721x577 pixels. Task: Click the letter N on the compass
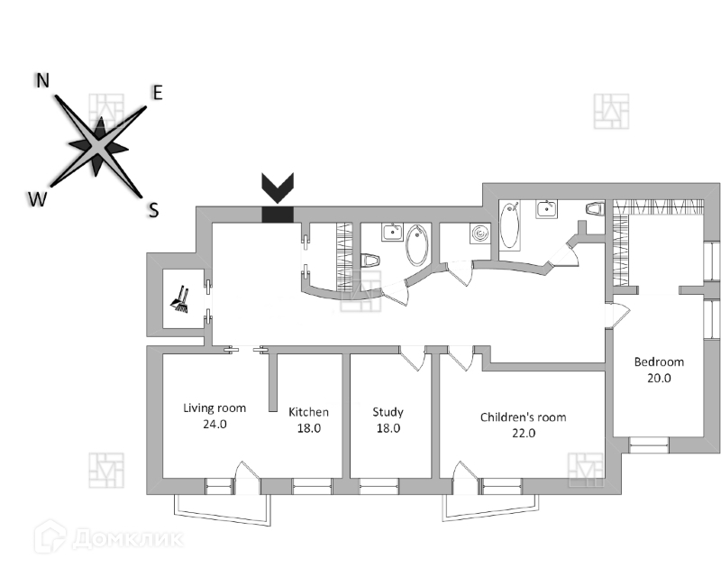(42, 80)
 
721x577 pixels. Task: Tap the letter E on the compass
(157, 92)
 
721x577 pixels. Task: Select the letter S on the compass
(153, 211)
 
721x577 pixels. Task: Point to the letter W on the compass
(36, 199)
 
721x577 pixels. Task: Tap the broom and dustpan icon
(179, 300)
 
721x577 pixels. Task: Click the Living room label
(214, 408)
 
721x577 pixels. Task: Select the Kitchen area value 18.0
(308, 428)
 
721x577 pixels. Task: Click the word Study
(388, 412)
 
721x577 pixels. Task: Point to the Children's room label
(523, 417)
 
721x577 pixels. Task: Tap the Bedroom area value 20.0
(659, 378)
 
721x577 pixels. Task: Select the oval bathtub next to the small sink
(417, 244)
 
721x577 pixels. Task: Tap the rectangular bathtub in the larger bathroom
(511, 226)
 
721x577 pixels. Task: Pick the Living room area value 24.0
(214, 424)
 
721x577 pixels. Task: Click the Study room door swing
(413, 358)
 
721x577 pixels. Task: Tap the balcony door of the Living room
(246, 477)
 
